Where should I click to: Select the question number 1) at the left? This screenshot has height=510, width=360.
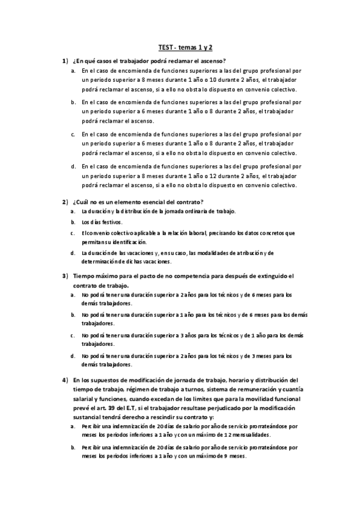[x=65, y=61]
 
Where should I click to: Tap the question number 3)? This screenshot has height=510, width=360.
[x=65, y=276]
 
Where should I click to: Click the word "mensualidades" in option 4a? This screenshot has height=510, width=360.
[x=249, y=434]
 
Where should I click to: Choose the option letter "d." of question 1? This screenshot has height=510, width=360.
[x=73, y=166]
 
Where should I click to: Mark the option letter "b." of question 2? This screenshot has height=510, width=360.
[x=73, y=222]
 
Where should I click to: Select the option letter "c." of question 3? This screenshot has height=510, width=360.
[x=73, y=334]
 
